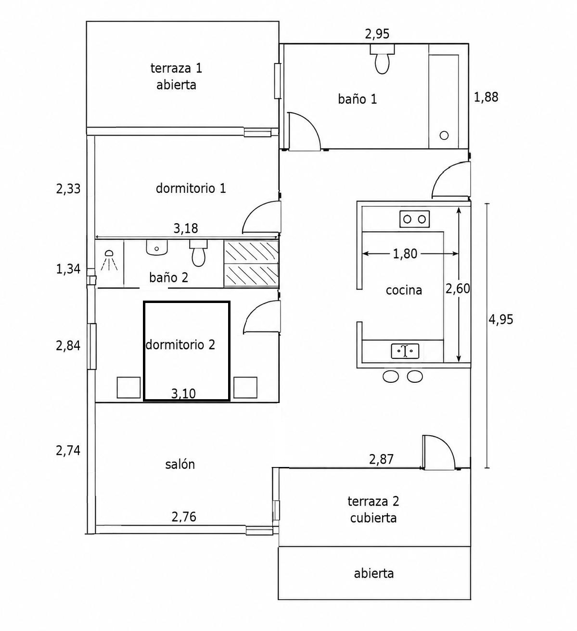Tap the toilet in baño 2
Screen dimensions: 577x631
(198, 253)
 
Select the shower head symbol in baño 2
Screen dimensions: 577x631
(109, 261)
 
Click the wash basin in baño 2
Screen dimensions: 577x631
(156, 248)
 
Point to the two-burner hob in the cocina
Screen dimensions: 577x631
(414, 219)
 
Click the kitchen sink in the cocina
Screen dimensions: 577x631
(405, 351)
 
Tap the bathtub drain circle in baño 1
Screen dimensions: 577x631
(444, 136)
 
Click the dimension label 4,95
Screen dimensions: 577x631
(501, 320)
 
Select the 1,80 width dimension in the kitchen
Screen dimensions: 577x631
(405, 253)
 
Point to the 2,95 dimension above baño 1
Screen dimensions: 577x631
(377, 34)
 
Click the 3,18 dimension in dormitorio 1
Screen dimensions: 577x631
(186, 228)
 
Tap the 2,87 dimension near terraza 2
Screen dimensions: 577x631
(381, 460)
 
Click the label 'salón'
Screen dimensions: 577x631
(180, 464)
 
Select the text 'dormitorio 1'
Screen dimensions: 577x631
(191, 189)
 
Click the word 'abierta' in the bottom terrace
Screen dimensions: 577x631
(373, 573)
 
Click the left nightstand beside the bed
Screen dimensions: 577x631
(128, 388)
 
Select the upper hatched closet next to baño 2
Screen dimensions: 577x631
(251, 252)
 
